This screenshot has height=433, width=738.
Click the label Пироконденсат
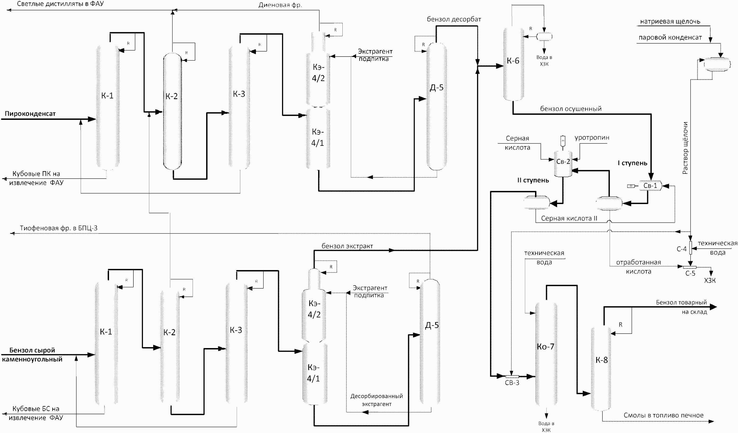tap(30, 113)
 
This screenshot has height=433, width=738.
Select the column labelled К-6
tap(513, 64)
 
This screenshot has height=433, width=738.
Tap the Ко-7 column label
tap(545, 347)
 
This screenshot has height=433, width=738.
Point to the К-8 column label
tap(601, 360)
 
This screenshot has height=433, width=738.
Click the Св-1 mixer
tap(650, 186)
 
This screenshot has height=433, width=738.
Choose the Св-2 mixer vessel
tap(563, 164)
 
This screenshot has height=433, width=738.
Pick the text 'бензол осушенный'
tap(571, 109)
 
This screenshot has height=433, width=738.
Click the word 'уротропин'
tap(592, 138)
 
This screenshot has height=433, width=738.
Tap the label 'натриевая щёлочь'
tap(670, 21)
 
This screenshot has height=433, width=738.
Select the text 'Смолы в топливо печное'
tap(663, 415)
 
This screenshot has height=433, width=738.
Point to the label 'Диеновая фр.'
tap(280, 5)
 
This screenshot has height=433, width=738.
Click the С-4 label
tap(681, 249)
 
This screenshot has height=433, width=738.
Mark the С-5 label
tap(690, 273)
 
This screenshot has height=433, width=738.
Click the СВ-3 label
tap(512, 383)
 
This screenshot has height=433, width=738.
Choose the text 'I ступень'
tap(632, 163)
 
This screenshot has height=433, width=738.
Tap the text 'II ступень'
tap(533, 180)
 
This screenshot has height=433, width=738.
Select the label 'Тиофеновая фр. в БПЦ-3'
tap(58, 228)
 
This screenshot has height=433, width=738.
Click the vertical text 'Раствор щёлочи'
tap(685, 148)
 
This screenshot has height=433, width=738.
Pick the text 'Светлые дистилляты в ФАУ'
tap(60, 4)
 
